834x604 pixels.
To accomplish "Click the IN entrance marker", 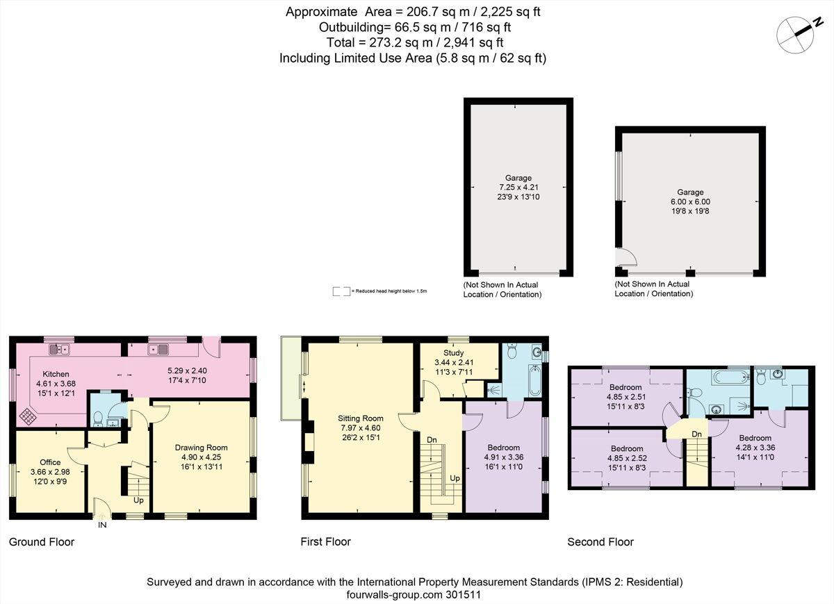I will coord(102,525).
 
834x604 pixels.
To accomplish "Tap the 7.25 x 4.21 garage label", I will coord(518,188).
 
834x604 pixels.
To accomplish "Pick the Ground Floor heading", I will coord(41,542).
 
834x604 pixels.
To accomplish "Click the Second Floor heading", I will coord(600,542).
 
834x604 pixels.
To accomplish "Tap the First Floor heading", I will coord(325,541).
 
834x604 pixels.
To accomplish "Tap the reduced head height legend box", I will coord(341,291).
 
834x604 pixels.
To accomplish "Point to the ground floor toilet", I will coord(99,418).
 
